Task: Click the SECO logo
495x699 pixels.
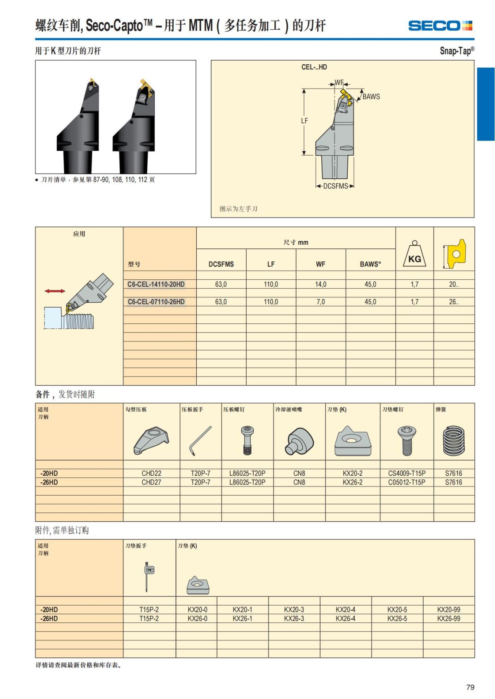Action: pyautogui.click(x=440, y=26)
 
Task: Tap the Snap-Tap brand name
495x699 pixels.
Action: pyautogui.click(x=457, y=51)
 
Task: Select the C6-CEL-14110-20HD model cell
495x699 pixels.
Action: pyautogui.click(x=156, y=284)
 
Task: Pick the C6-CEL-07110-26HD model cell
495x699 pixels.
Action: pyautogui.click(x=156, y=302)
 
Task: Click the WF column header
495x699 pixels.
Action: pyautogui.click(x=321, y=264)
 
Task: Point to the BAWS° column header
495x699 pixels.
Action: pyautogui.click(x=370, y=264)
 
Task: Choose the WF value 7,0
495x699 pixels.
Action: pyautogui.click(x=321, y=302)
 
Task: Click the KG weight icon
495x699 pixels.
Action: pyautogui.click(x=415, y=255)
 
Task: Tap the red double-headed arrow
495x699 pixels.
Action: pyautogui.click(x=55, y=291)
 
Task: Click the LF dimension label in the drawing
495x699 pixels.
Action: pyautogui.click(x=304, y=121)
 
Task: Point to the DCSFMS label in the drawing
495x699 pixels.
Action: pyautogui.click(x=335, y=186)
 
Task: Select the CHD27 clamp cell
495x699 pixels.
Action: pyautogui.click(x=151, y=482)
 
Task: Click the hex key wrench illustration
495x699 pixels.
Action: pyautogui.click(x=200, y=441)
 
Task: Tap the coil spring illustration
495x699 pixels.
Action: pyautogui.click(x=454, y=441)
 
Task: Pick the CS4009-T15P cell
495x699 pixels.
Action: pyautogui.click(x=407, y=473)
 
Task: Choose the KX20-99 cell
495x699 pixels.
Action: pyautogui.click(x=448, y=610)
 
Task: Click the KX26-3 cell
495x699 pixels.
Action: pyautogui.click(x=294, y=619)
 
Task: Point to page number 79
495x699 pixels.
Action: pyautogui.click(x=470, y=687)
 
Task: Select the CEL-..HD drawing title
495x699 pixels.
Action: pyautogui.click(x=314, y=67)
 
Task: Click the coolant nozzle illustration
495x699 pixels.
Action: pyautogui.click(x=299, y=441)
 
